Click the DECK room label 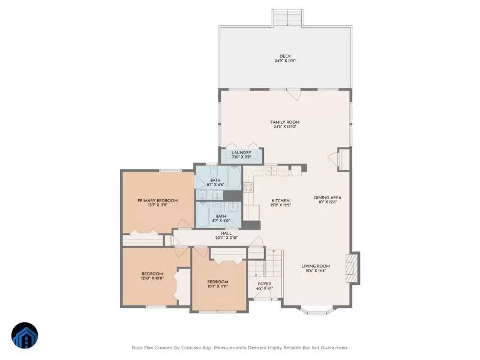coord(285,56)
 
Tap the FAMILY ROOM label coord(285,122)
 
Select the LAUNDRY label coord(241,153)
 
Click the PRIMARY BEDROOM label coord(157,200)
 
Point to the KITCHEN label coord(280,200)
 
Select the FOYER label coord(265,284)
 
